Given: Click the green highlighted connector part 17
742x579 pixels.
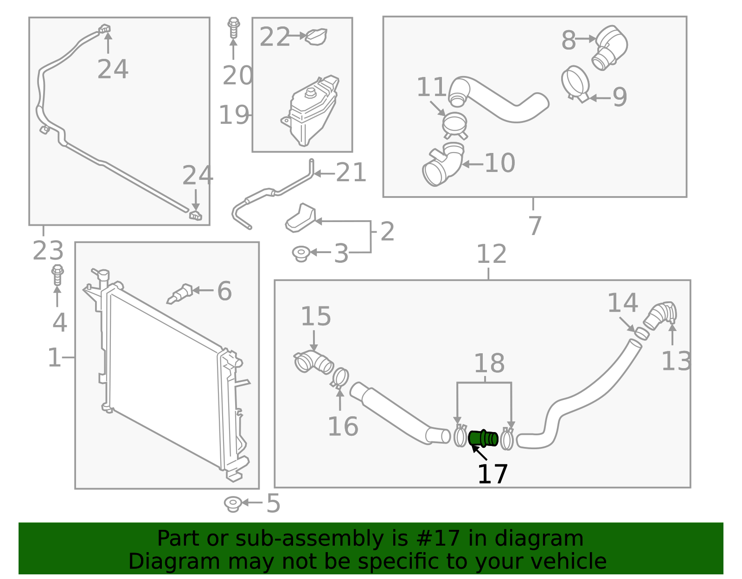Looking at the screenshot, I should [483, 438].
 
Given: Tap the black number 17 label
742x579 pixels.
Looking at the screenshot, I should [493, 474].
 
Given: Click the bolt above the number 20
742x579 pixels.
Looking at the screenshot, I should [234, 28].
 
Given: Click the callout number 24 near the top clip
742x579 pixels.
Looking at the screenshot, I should [113, 70].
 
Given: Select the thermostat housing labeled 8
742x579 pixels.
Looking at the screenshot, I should [610, 47].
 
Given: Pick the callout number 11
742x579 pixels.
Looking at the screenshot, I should [431, 87].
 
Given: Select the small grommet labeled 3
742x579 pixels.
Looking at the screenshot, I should [301, 253].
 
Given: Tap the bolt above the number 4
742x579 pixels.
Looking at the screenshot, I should [58, 275].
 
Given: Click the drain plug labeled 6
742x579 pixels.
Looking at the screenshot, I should [180, 294].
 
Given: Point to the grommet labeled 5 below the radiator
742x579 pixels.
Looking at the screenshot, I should [232, 503].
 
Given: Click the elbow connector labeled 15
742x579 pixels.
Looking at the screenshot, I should [314, 362].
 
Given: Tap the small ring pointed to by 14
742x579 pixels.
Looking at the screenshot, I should [641, 333].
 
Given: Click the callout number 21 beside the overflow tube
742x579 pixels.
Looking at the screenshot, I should [351, 173].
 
